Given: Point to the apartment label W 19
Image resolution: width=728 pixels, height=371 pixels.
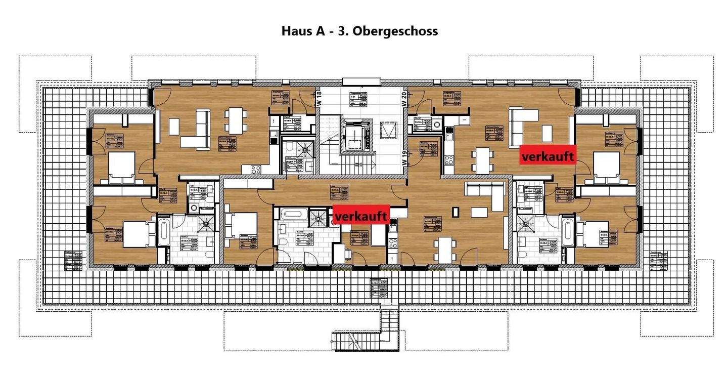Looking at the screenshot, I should pos(404,159).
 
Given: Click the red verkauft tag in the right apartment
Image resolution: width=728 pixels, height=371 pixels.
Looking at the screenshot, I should pos(548,157).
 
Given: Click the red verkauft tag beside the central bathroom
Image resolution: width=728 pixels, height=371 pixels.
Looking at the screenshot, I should pos(361,217).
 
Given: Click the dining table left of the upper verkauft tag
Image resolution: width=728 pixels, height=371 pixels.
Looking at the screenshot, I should pos(482,159).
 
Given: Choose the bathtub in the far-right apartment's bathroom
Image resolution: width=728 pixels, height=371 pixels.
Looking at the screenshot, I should pos(567,232).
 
